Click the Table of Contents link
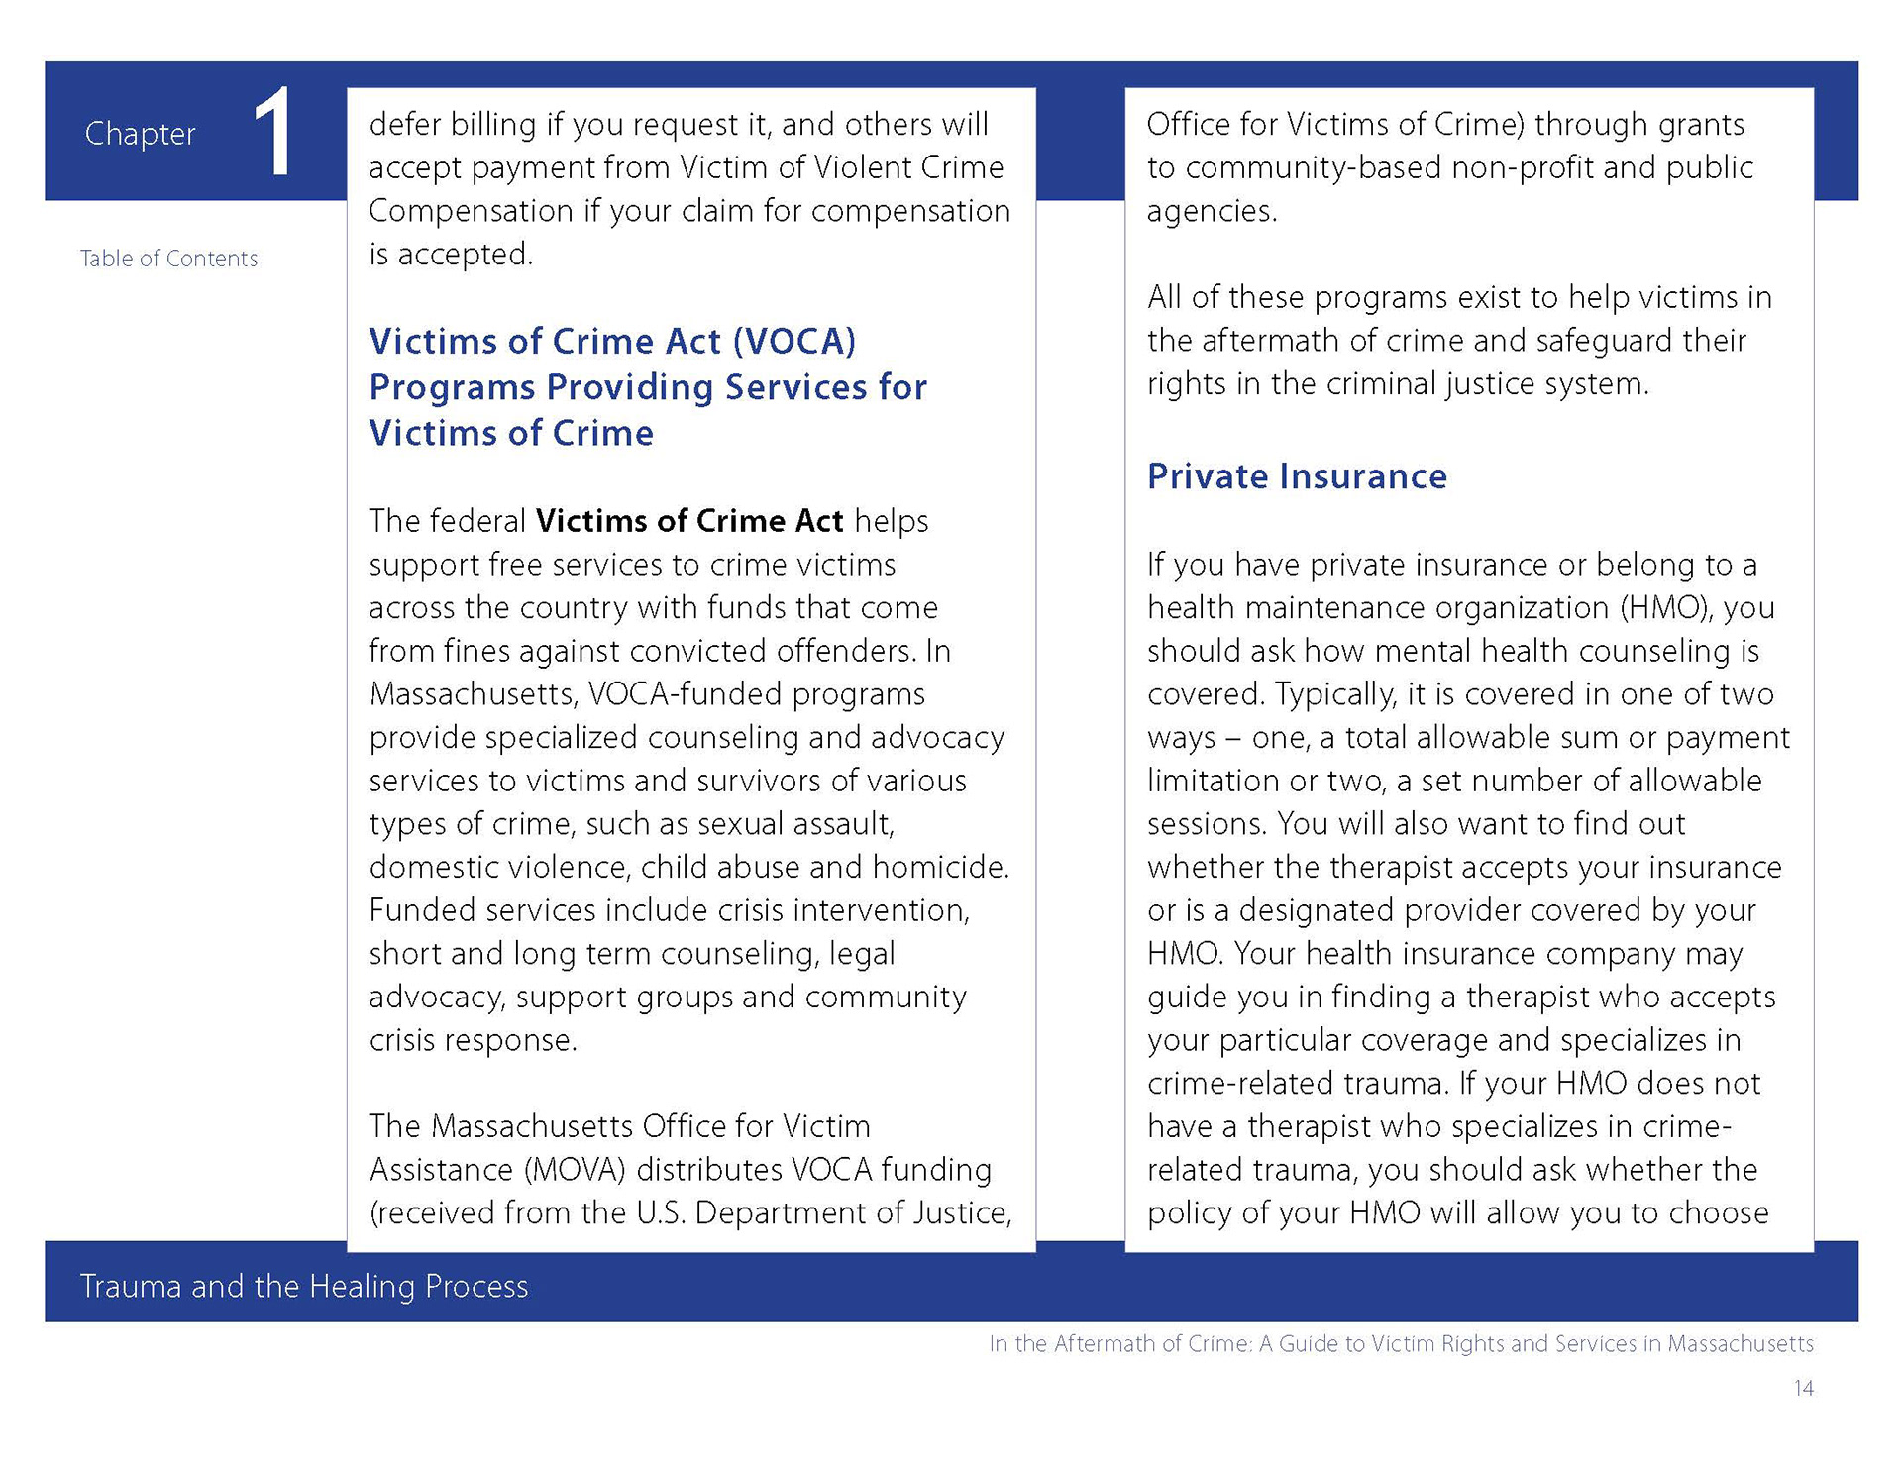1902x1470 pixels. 168,259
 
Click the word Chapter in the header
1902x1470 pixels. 140,133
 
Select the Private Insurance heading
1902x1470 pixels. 1297,476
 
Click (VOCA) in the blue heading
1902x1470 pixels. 794,341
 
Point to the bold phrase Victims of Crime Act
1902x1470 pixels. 689,521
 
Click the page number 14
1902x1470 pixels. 1803,1388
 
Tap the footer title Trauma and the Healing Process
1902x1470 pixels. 304,1286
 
